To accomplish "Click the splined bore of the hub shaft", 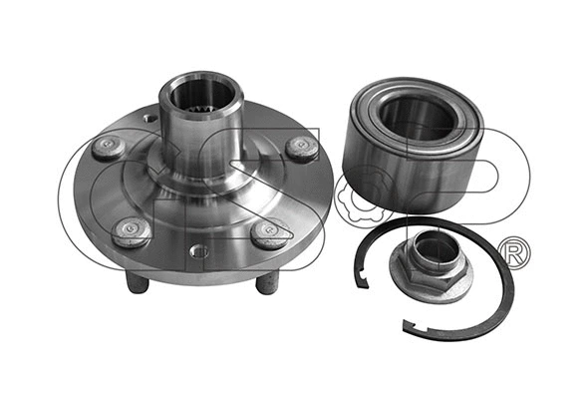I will coord(201,95).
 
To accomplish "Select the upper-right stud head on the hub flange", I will coord(301,148).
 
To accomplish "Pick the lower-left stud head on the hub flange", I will coord(131,231).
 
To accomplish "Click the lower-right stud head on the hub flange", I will coord(267,234).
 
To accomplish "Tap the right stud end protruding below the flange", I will coord(266,283).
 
